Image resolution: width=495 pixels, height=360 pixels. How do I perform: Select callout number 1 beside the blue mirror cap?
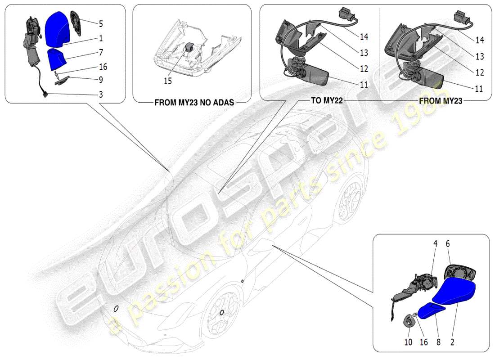pyautogui.click(x=101, y=38)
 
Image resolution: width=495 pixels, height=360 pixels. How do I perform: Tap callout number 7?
pyautogui.click(x=101, y=53)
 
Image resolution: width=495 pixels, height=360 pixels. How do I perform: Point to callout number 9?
pyautogui.click(x=101, y=81)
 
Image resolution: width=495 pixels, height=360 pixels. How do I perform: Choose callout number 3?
pyautogui.click(x=101, y=94)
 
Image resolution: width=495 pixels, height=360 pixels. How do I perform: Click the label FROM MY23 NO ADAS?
pyautogui.click(x=194, y=102)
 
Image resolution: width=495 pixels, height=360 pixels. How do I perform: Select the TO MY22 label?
pyautogui.click(x=327, y=101)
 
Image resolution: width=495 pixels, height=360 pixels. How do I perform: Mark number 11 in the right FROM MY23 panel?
pyautogui.click(x=479, y=89)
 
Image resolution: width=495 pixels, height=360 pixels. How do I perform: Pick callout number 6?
pyautogui.click(x=448, y=243)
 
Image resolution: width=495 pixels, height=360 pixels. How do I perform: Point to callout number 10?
pyautogui.click(x=408, y=342)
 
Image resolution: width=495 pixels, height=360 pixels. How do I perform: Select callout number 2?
pyautogui.click(x=452, y=342)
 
